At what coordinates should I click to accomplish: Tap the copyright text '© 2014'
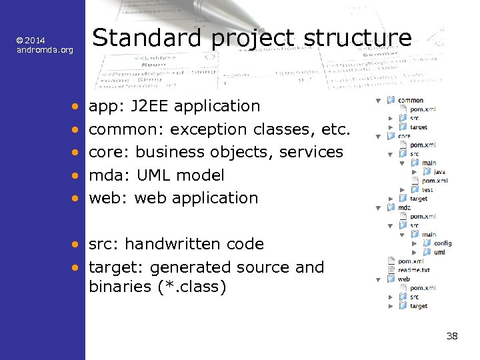click(31, 41)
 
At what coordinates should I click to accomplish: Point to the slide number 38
click(451, 336)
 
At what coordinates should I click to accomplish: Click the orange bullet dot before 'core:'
click(77, 152)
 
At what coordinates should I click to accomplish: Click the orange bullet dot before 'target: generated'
click(77, 267)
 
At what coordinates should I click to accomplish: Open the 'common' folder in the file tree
click(411, 101)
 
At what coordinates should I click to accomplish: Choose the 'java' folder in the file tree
click(439, 172)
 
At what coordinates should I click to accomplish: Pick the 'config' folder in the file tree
click(442, 243)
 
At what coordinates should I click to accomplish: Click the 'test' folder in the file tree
click(427, 189)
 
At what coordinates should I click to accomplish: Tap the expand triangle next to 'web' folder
click(379, 279)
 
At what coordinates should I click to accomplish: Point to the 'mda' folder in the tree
click(404, 207)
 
